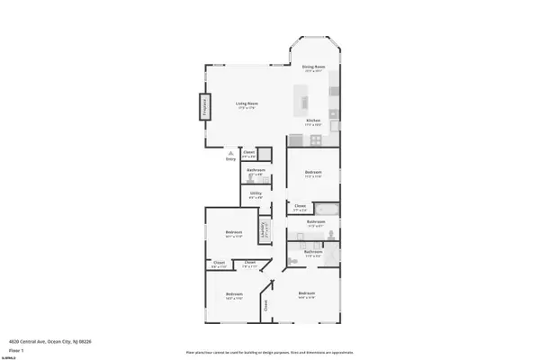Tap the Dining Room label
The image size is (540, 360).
pos(312,67)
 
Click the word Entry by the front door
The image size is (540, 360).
pos(231,158)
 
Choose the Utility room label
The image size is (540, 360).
pos(256,193)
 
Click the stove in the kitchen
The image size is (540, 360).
pos(317,139)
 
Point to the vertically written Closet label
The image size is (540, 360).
pos(266,307)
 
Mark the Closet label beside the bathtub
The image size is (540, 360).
pos(300,205)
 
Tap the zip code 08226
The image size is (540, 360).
pos(86,341)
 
